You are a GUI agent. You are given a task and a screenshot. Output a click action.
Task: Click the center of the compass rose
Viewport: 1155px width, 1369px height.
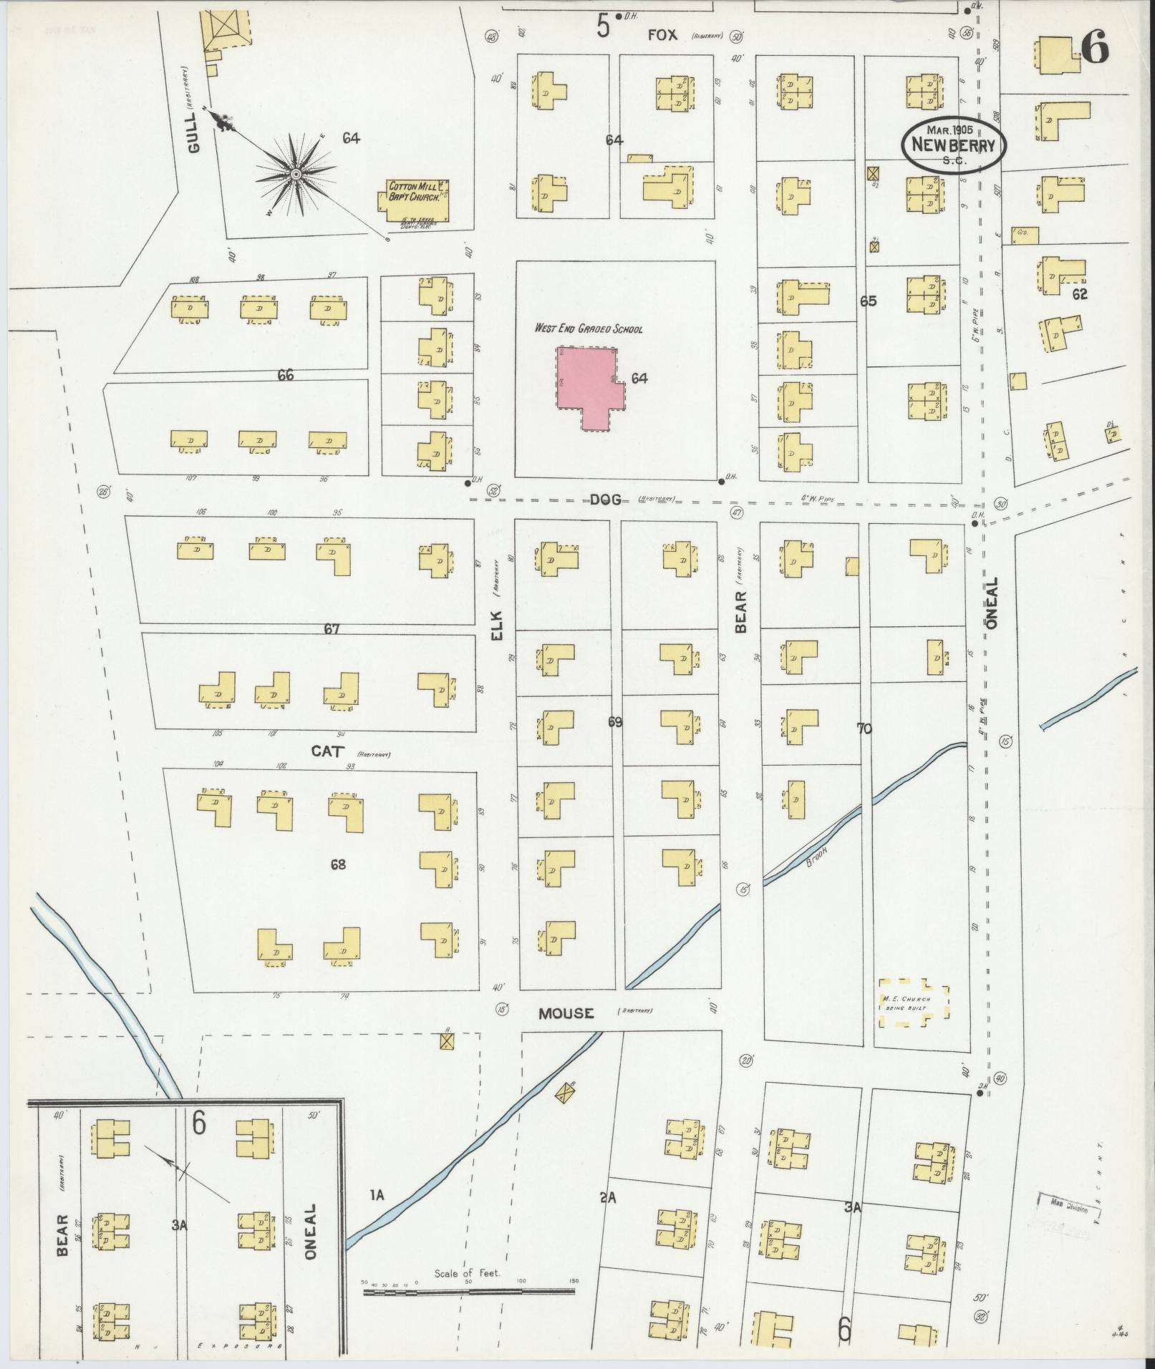coord(295,174)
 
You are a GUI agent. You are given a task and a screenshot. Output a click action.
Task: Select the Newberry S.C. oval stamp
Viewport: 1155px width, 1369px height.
coord(953,145)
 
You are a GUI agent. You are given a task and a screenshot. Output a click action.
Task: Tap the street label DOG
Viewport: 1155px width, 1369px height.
coord(605,500)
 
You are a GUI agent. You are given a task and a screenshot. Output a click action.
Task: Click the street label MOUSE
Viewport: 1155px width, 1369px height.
coord(566,1013)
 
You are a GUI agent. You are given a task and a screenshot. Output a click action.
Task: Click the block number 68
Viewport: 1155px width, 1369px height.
coord(337,864)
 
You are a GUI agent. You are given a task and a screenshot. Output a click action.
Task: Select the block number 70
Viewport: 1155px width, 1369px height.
coord(864,729)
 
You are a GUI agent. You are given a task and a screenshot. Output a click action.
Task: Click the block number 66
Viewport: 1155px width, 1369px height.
coord(286,375)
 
